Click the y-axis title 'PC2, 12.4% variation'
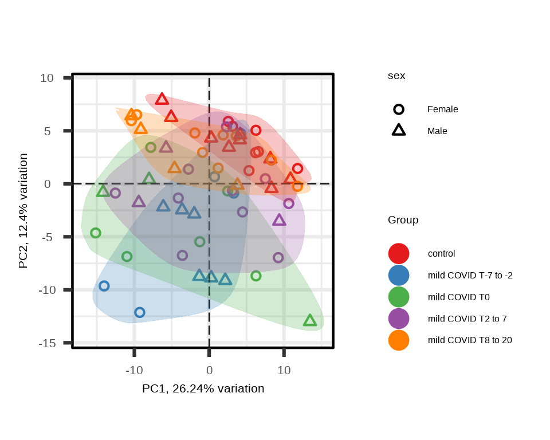(23, 211)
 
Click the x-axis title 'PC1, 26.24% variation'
(203, 389)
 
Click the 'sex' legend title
(396, 76)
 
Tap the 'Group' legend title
(403, 220)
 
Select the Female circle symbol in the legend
(399, 109)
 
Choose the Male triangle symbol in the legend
(399, 131)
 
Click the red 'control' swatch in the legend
(399, 253)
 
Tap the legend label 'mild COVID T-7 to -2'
(470, 276)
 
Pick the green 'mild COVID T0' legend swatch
(399, 297)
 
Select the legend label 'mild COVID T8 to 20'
(470, 340)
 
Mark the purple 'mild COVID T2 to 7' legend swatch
(399, 319)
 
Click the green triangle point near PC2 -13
(310, 321)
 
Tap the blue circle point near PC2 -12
(139, 312)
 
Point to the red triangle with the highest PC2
(162, 100)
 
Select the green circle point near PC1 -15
(96, 233)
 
